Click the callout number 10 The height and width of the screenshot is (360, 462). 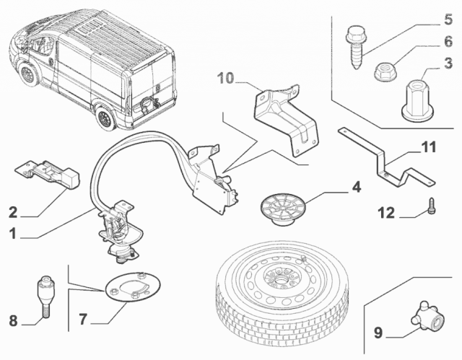click(x=225, y=79)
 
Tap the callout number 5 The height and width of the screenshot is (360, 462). click(x=448, y=19)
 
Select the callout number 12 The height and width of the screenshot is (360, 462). click(x=386, y=213)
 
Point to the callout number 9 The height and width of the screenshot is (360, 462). click(x=378, y=333)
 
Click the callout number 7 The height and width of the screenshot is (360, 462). click(x=83, y=319)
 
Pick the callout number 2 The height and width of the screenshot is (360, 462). click(x=13, y=212)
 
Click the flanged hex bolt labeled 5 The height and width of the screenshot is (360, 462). click(x=356, y=47)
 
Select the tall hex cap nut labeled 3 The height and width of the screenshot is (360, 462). click(x=418, y=101)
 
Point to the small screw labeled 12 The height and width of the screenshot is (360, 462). click(x=432, y=206)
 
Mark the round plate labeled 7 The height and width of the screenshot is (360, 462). click(x=133, y=287)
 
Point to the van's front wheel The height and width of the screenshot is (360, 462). click(x=29, y=75)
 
